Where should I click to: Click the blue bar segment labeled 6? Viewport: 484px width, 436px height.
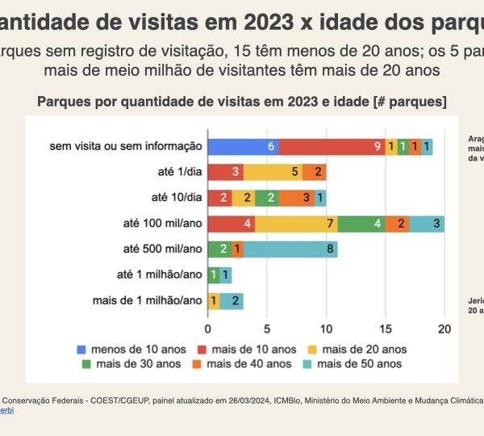pos(243,146)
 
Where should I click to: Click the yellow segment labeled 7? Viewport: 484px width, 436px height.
pos(296,223)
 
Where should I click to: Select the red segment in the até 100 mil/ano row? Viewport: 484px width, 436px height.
pos(232,223)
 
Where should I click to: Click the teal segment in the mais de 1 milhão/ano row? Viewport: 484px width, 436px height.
pos(232,300)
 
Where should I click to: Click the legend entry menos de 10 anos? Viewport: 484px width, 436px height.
pos(128,349)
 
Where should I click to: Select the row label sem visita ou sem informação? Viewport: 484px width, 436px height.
pos(125,146)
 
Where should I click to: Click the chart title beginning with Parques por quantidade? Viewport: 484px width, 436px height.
pos(242,102)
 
